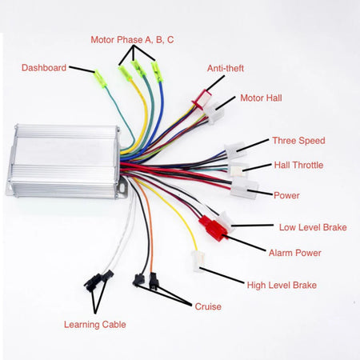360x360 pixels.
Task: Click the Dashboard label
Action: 43,68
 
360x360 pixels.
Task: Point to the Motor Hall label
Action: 261,98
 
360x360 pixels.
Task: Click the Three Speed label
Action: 298,140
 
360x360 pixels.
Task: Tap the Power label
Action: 286,194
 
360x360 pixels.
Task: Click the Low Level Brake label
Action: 312,227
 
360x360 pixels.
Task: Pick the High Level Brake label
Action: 282,285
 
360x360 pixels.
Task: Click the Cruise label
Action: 207,306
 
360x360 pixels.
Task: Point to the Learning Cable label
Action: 94,325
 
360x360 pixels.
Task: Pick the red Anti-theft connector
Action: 200,102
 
